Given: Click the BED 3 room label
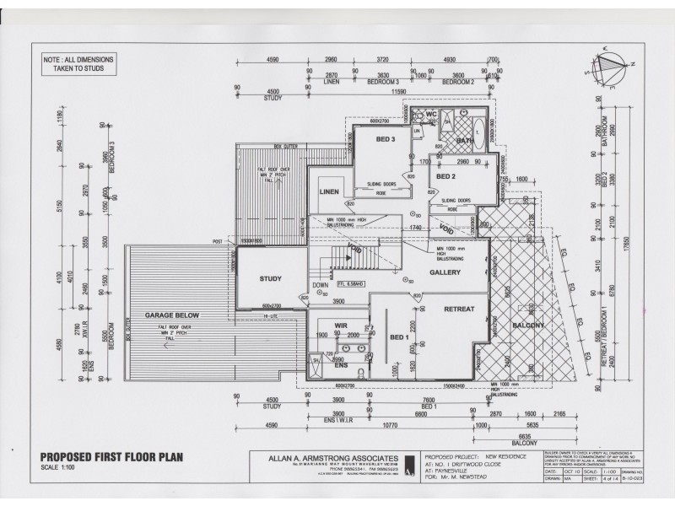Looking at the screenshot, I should pyautogui.click(x=386, y=139).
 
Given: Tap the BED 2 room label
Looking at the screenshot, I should pyautogui.click(x=445, y=176).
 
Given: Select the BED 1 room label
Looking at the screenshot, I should pyautogui.click(x=399, y=337).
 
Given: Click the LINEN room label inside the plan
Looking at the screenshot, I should pyautogui.click(x=328, y=191).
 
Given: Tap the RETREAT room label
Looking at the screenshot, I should pyautogui.click(x=461, y=310).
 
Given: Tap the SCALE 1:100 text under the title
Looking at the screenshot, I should pyautogui.click(x=58, y=466).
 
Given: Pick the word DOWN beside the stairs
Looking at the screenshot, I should pyautogui.click(x=321, y=285).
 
